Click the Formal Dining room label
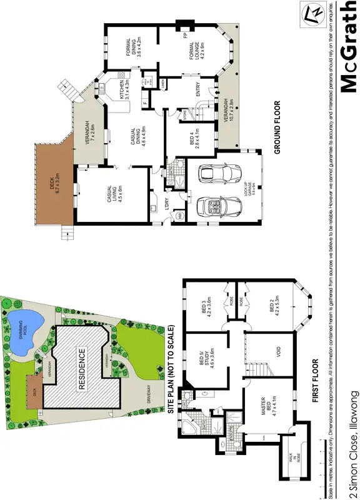(131, 47)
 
